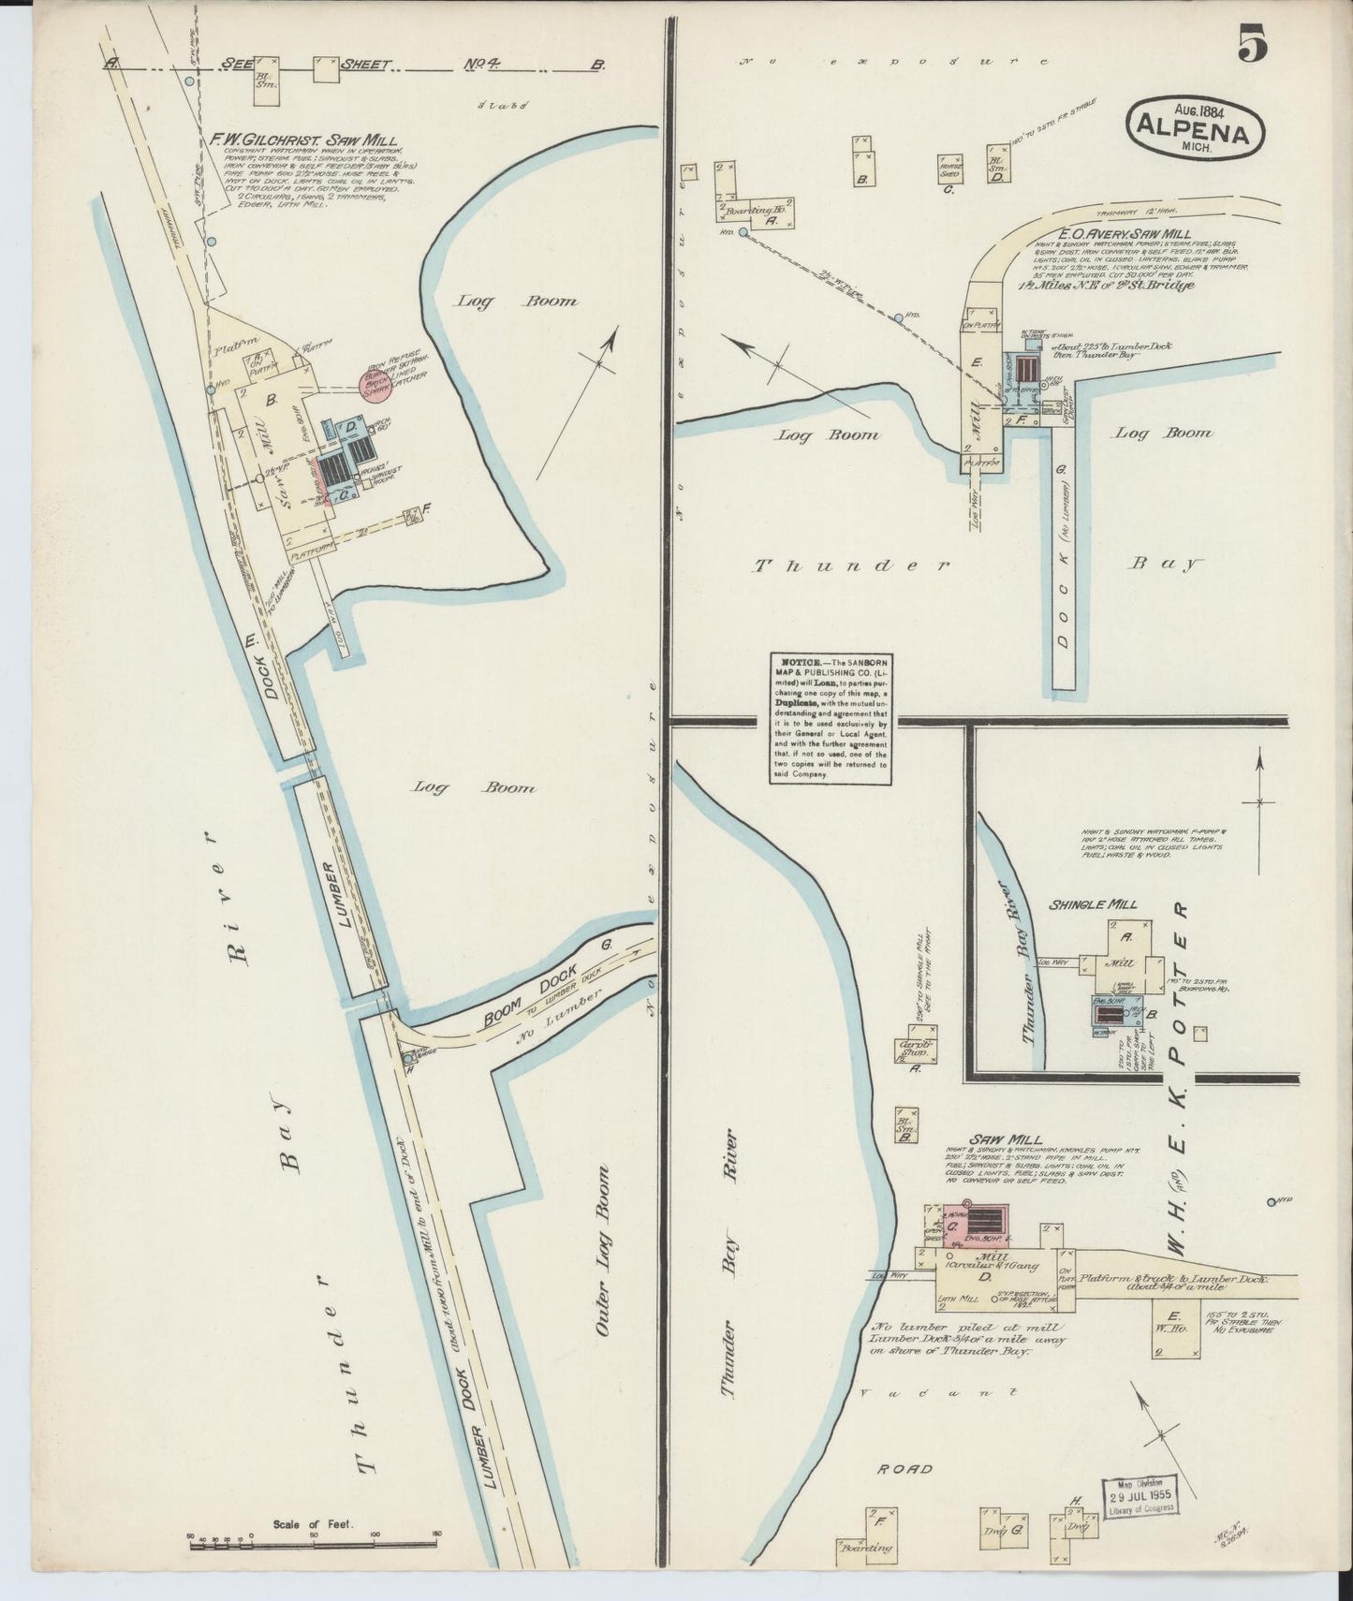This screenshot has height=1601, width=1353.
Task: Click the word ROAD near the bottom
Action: pos(904,1468)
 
